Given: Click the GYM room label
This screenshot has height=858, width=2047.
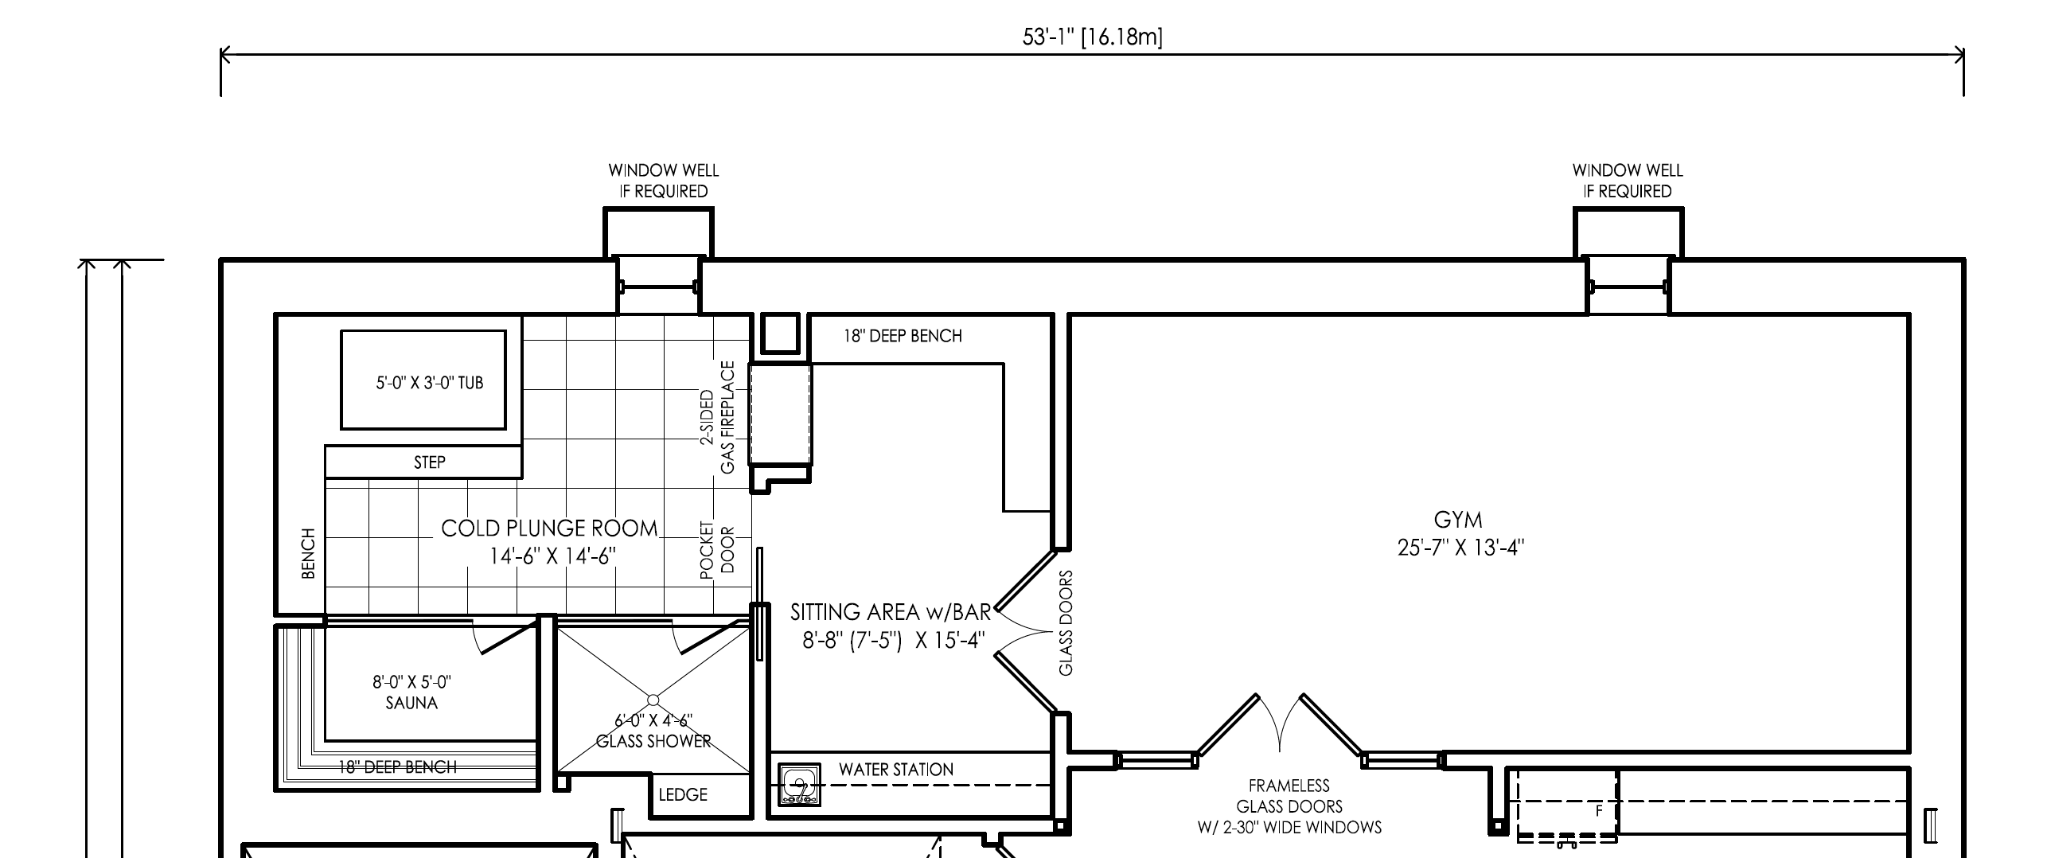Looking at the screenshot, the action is [1458, 520].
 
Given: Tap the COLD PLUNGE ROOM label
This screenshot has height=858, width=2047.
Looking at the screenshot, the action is [550, 528].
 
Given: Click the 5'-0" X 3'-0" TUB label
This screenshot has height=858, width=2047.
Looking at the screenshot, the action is [430, 383].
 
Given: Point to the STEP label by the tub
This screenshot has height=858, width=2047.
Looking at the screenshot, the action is [430, 462].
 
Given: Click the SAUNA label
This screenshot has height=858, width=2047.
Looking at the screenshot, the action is [411, 703].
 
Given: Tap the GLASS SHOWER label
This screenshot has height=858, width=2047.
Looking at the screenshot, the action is [653, 741].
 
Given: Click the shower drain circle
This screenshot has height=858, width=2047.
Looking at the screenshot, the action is [653, 700].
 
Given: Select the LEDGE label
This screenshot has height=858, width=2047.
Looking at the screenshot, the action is [683, 794].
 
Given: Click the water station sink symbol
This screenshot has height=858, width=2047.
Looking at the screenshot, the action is [799, 786].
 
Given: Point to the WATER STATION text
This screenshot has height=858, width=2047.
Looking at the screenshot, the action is [896, 770].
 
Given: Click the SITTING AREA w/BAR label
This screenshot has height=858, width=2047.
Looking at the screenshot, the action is [891, 612].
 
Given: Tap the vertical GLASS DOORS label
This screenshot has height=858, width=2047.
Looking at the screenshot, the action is [1066, 623].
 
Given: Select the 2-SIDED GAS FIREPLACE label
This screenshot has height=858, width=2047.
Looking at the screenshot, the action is [717, 418].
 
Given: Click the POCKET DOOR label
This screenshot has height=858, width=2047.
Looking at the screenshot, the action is [717, 548].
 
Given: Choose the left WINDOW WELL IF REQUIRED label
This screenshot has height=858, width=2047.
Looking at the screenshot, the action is [664, 181].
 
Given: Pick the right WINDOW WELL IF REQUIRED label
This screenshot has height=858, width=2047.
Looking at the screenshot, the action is [1628, 181].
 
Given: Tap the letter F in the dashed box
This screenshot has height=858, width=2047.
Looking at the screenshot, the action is [1599, 812].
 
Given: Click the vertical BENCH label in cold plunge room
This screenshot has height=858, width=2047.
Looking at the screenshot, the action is [309, 553].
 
